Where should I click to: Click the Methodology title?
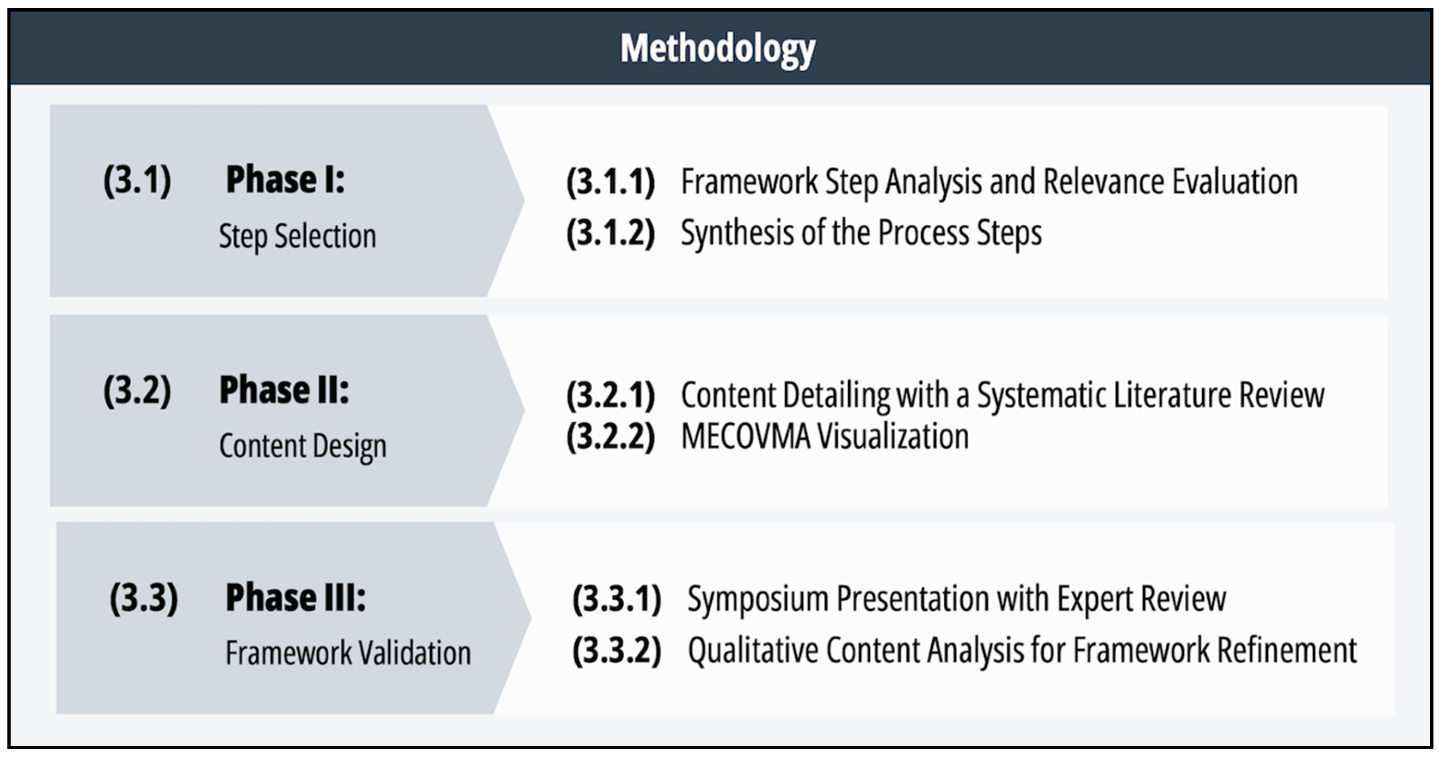point(718,49)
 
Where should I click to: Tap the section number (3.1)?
point(137,180)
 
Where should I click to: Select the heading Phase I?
point(285,180)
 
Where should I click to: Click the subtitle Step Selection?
point(297,236)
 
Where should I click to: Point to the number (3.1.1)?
point(610,182)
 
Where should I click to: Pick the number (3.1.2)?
point(610,233)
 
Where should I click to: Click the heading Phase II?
point(284,390)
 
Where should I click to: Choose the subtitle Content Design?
point(303,446)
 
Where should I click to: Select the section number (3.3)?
point(144,598)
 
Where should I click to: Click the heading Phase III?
point(296,598)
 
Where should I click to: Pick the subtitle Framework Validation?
point(348,653)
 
